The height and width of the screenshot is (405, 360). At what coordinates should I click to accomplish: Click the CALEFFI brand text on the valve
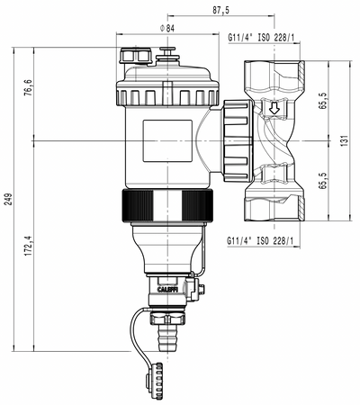170,290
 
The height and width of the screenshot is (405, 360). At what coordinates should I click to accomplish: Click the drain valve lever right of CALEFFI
199,288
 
